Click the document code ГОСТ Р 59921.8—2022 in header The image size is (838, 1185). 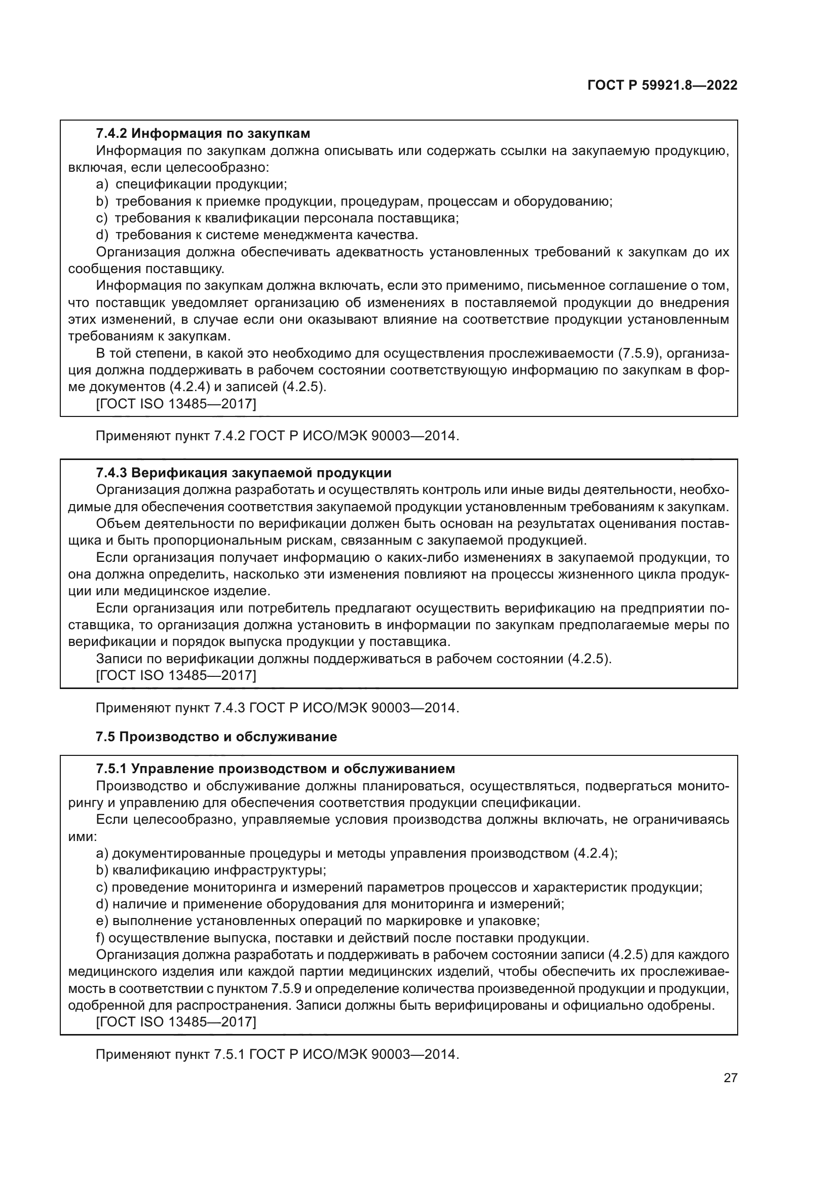click(x=662, y=86)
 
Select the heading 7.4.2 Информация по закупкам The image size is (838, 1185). click(x=203, y=133)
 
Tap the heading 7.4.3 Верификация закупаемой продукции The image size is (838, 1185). click(x=244, y=473)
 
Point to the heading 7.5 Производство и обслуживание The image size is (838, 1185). click(x=216, y=737)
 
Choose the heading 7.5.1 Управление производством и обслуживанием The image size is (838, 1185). click(x=275, y=769)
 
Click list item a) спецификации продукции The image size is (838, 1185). click(x=192, y=184)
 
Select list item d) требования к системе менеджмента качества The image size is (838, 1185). click(x=257, y=235)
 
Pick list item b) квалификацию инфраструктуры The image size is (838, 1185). click(x=211, y=870)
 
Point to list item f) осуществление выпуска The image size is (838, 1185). click(x=342, y=938)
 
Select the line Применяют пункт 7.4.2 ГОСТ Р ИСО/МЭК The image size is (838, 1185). click(x=277, y=436)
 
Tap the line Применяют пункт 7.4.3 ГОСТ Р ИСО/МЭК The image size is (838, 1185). click(x=277, y=707)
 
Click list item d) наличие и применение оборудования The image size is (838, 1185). click(x=330, y=904)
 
